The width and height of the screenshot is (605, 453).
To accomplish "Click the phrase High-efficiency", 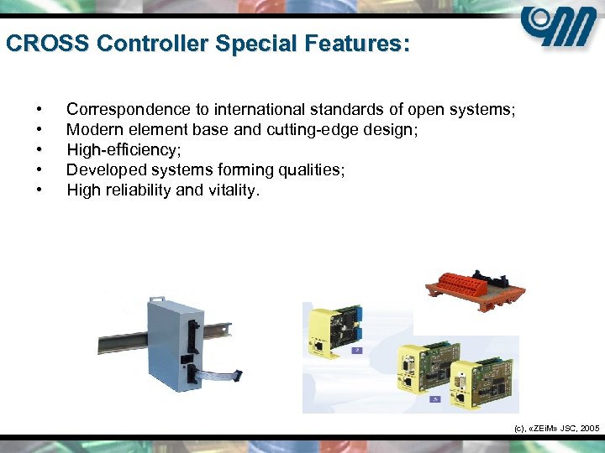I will (121, 150).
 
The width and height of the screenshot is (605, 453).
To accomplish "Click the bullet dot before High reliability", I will (39, 190).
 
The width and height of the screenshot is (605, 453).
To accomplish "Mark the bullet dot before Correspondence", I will (39, 110).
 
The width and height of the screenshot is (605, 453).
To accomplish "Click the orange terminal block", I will (475, 286).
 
